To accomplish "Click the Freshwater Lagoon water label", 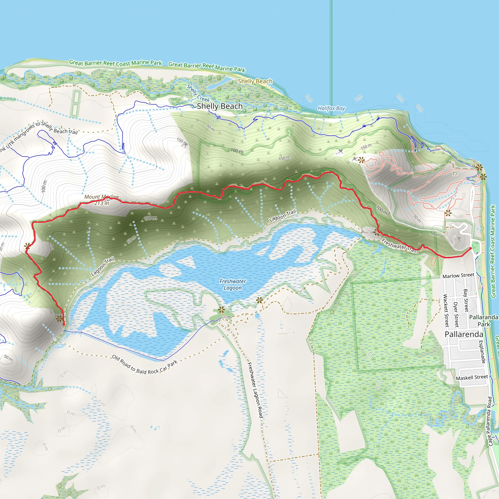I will [x=232, y=285].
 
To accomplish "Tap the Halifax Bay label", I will [x=331, y=108].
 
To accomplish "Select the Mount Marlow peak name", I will [x=102, y=197].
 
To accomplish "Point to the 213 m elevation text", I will [x=102, y=203].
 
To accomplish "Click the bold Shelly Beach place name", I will [x=220, y=106].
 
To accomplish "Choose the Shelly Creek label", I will [x=198, y=93].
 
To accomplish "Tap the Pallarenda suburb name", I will [x=464, y=334].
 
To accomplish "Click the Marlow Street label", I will [x=459, y=276].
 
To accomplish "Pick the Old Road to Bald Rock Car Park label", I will [x=145, y=365].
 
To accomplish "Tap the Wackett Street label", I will [x=446, y=310].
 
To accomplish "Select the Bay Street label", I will [x=466, y=300].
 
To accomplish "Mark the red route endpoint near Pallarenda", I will [x=470, y=248].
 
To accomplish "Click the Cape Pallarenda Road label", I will [x=490, y=421].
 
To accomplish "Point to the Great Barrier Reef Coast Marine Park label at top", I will [x=115, y=63].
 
